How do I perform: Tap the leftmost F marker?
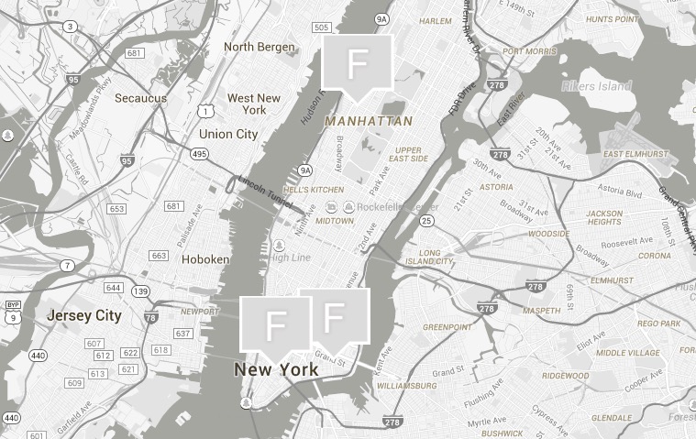pos(275,324)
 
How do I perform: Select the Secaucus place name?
pos(140,98)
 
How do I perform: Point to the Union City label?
pos(228,134)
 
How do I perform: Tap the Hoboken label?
pos(205,259)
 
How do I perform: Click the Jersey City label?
pos(84,315)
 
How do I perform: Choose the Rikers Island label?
pos(595,86)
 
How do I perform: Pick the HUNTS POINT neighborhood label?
pos(613,18)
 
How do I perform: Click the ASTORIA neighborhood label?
pos(496,187)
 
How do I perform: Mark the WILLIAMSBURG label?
pos(406,386)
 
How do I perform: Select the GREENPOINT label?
pos(447,326)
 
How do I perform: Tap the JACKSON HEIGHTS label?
pos(604,217)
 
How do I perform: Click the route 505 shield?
pos(321,27)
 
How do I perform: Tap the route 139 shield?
pos(140,291)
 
